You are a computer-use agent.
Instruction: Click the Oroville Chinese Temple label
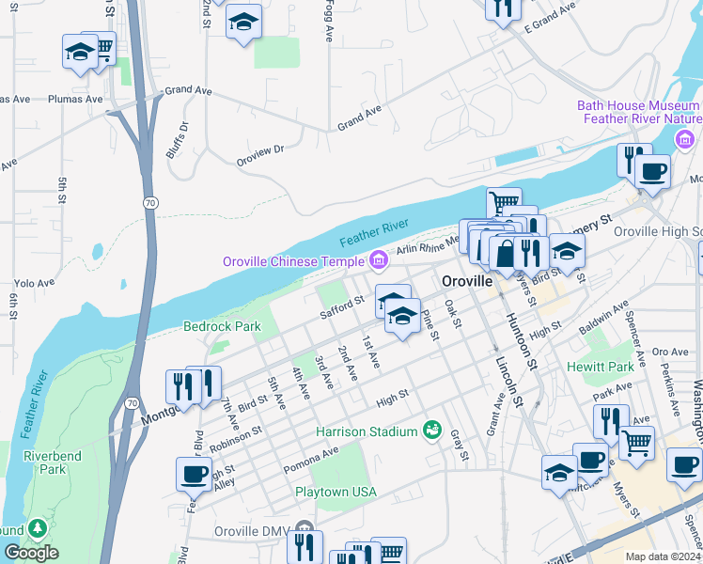[x=292, y=260]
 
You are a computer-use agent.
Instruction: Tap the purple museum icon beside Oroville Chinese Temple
[x=378, y=258]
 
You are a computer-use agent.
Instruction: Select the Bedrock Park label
[x=221, y=327]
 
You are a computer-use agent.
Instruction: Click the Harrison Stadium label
[x=366, y=431]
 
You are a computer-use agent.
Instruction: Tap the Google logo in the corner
[x=31, y=553]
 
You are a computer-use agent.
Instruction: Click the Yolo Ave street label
[x=36, y=282]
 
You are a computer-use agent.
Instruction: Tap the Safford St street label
[x=341, y=307]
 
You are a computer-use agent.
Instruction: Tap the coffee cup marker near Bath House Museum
[x=651, y=172]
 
